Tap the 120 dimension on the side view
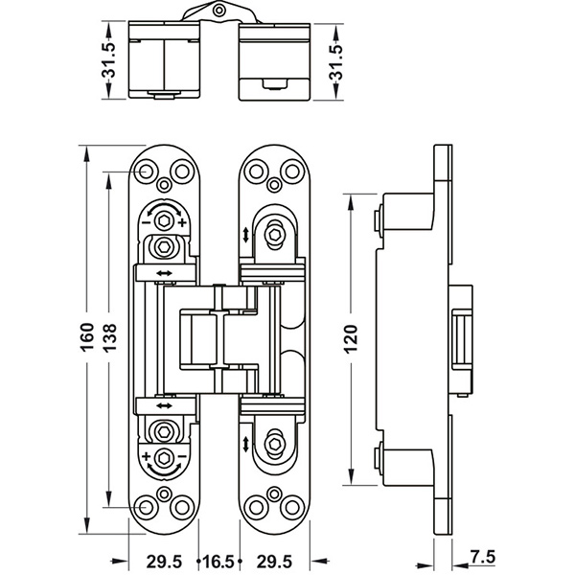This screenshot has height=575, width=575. [351, 341]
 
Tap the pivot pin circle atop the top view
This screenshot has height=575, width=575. [221, 10]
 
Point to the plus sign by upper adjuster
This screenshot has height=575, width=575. [182, 222]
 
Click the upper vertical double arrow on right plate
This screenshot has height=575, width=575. [247, 235]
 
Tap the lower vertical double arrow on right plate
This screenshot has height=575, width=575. [247, 444]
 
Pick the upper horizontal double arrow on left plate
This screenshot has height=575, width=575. [164, 274]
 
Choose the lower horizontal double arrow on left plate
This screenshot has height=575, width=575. [164, 402]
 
